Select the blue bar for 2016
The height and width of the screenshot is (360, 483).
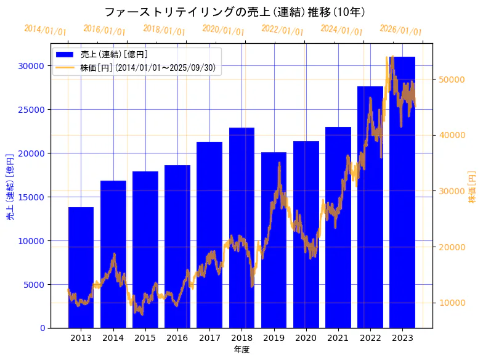pos(177,247)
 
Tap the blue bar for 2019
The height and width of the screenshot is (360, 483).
pos(274,240)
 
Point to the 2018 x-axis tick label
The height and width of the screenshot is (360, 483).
pos(241,338)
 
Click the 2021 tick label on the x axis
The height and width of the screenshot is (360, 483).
pos(338,338)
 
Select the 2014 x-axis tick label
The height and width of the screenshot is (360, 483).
pos(113,338)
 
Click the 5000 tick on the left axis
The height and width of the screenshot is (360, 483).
pos(34,285)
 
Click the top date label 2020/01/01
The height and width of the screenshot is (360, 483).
pos(223,30)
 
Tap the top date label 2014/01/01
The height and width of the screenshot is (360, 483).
pos(45,30)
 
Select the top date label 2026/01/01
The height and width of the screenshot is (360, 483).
pos(400,30)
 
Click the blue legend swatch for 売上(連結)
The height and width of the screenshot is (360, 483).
pos(65,55)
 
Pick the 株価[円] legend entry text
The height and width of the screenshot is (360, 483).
pos(148,68)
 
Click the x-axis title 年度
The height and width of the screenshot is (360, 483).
pos(241,350)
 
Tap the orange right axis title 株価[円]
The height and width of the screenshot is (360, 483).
pos(472,187)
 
